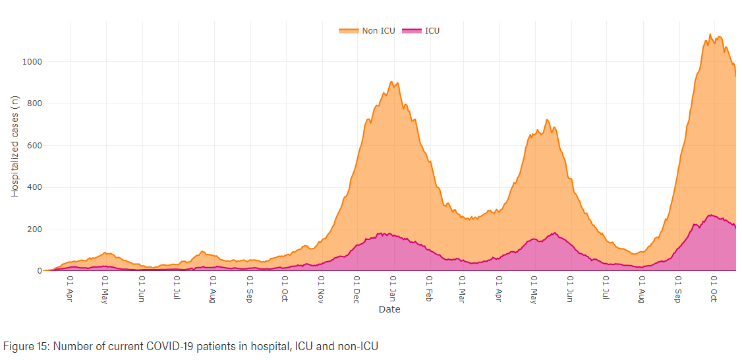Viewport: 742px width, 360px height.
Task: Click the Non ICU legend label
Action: coord(378,30)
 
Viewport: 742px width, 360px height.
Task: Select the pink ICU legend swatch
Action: coord(413,30)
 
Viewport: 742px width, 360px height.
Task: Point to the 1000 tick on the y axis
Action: coord(33,62)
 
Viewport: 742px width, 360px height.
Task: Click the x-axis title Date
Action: coord(389,309)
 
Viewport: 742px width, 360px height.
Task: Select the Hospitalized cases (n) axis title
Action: coord(15,146)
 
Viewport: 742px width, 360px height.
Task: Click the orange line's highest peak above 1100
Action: coord(710,34)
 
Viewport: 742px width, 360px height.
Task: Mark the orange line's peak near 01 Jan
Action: coord(391,82)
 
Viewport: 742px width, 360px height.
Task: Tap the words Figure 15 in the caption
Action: coord(22,345)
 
